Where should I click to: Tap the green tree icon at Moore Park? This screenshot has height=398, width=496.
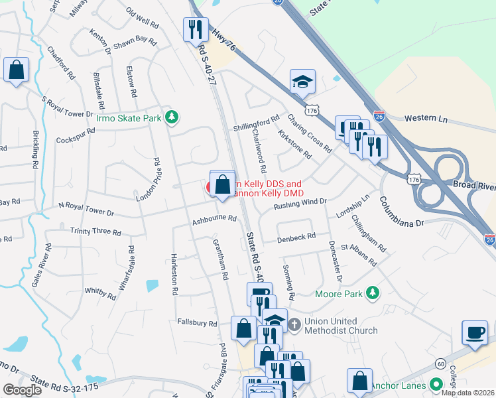[x=374, y=293]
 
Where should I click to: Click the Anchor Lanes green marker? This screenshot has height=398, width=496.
[x=436, y=385]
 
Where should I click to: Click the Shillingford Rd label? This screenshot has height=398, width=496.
[x=257, y=123]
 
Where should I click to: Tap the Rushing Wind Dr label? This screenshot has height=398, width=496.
[x=301, y=204]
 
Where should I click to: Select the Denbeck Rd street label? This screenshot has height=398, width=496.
[x=296, y=237]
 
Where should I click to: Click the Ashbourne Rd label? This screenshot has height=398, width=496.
[x=214, y=218]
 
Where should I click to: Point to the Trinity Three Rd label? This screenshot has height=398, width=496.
[x=95, y=232]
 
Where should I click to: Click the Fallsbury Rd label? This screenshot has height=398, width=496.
[x=197, y=324]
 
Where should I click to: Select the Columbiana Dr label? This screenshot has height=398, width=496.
[x=402, y=212]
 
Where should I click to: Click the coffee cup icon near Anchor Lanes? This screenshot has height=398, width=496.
[x=475, y=332]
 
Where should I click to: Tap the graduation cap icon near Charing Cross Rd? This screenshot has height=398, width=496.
[x=302, y=82]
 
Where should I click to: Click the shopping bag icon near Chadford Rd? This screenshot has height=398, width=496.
[x=16, y=69]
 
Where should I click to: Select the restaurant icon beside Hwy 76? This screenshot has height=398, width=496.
[x=195, y=29]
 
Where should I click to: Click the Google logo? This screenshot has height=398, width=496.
[x=22, y=390]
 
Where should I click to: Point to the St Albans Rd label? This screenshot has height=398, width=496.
[x=363, y=255]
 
